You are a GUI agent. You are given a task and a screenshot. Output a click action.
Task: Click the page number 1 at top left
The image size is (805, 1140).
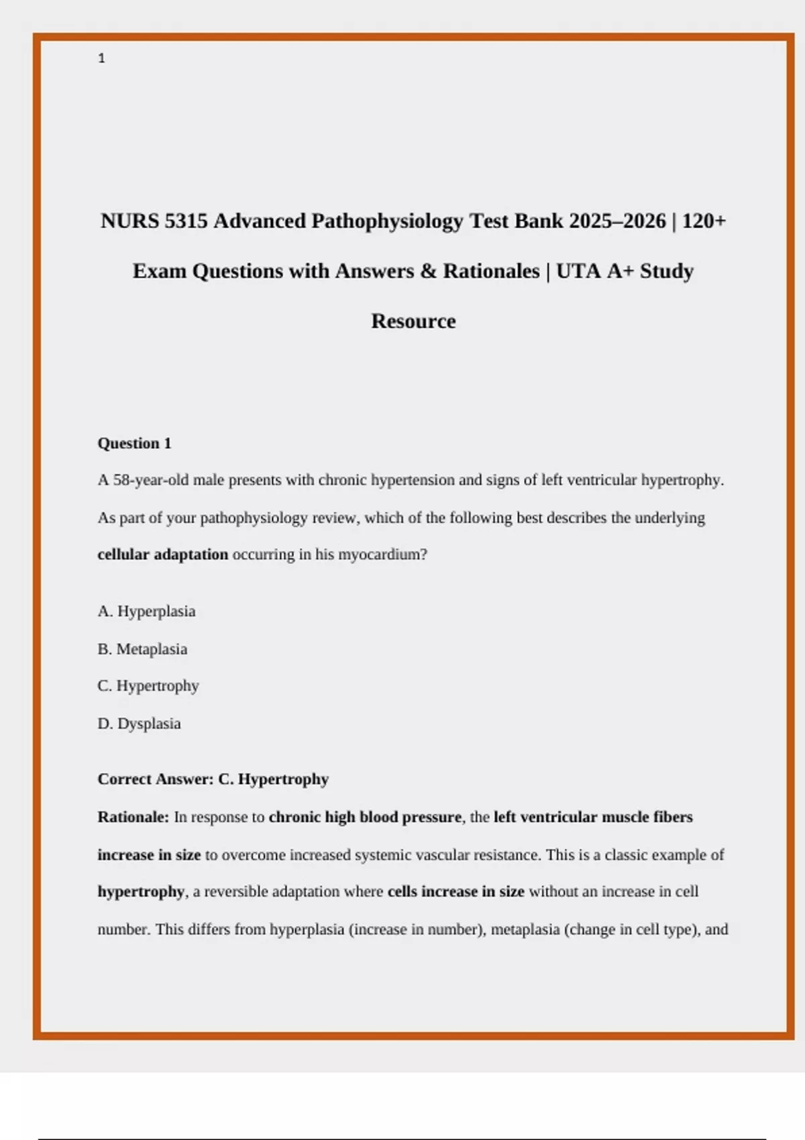(101, 58)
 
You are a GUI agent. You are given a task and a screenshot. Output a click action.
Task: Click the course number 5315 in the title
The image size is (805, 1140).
(186, 221)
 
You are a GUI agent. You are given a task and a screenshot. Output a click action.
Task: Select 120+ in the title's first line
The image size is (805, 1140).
(704, 221)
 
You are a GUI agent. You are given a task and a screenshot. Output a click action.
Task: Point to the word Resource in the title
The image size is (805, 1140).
(413, 321)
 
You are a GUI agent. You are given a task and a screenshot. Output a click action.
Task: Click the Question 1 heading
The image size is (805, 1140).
(134, 443)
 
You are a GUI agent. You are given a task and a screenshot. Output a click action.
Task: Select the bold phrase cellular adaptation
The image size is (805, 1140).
(162, 555)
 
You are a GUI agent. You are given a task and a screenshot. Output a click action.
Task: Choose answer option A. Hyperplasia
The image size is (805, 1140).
(146, 612)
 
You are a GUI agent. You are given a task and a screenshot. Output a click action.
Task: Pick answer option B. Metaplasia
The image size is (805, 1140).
(142, 649)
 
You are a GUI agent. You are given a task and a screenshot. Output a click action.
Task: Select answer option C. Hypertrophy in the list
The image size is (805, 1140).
(148, 686)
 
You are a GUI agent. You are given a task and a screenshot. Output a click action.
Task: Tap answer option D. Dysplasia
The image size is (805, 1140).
(139, 724)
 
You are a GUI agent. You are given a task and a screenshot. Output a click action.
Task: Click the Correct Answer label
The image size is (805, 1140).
(155, 779)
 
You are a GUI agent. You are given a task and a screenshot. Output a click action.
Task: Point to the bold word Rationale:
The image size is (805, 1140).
(133, 817)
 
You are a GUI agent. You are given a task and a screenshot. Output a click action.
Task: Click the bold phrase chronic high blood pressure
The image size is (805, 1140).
(365, 817)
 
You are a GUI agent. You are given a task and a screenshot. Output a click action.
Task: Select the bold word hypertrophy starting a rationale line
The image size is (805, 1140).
(141, 892)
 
